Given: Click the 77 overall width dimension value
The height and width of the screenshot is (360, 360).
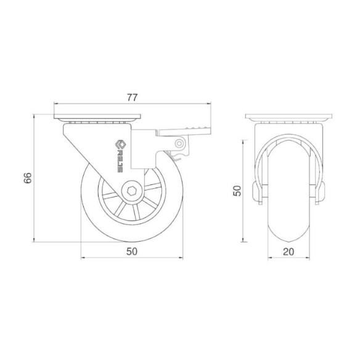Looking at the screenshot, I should point(131,97).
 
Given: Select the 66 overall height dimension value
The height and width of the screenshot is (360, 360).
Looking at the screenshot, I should point(27,178).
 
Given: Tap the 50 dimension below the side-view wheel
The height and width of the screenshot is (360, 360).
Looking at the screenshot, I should point(131,251).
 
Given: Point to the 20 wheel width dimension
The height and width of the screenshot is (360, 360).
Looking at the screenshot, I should point(288,251).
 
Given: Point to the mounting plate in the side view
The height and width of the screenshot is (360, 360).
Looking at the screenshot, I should point(97,117).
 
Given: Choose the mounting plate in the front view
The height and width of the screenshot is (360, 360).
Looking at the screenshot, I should point(289,117).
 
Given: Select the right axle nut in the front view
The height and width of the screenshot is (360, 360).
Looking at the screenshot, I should point(321,193).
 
